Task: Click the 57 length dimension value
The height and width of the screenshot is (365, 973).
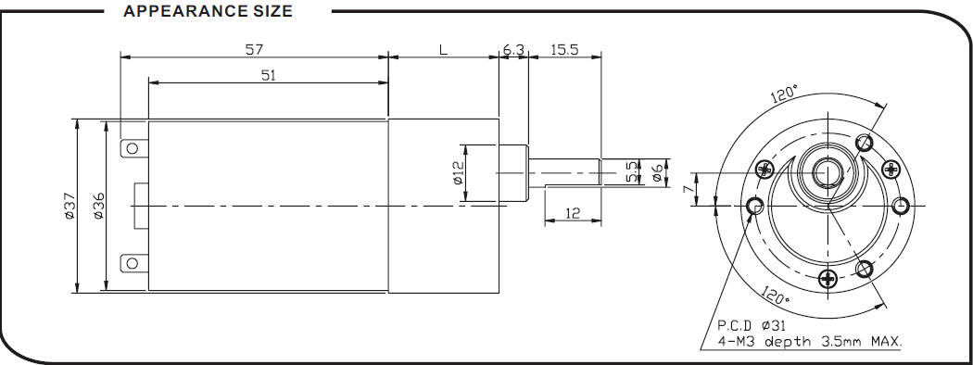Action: point(254,50)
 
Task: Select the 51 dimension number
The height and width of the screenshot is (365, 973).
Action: point(268,75)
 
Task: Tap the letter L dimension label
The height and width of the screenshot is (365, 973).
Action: point(443,50)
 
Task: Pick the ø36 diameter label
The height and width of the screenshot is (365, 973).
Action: point(98,206)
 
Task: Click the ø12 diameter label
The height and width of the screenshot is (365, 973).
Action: point(458,172)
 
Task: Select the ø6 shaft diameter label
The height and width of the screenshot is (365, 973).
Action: point(657,173)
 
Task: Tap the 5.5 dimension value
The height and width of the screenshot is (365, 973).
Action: point(632,172)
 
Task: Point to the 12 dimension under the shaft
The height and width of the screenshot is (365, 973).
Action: point(573,213)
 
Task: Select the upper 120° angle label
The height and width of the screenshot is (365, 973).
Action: point(783,94)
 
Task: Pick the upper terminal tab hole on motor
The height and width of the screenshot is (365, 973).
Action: point(132,148)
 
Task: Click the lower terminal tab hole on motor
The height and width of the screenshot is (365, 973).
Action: point(132,263)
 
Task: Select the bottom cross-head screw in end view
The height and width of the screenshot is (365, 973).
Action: point(828,279)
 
